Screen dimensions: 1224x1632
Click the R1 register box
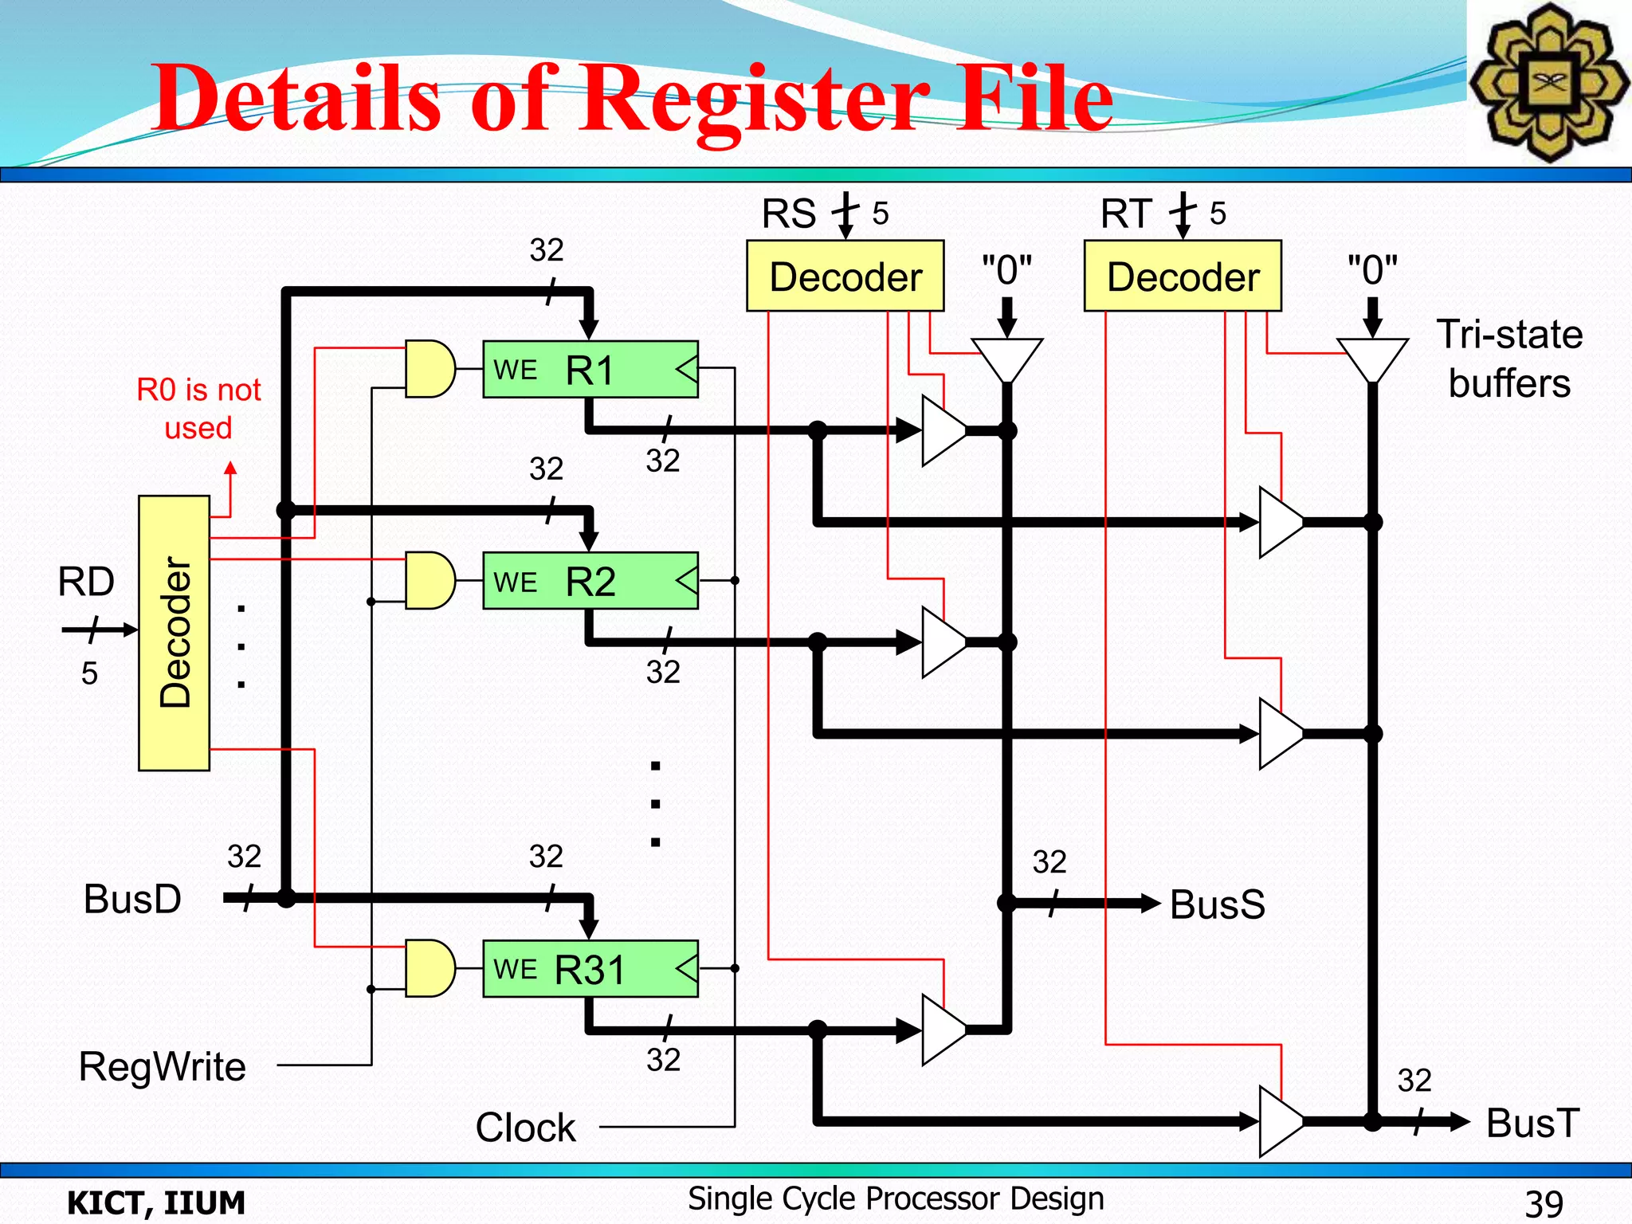[x=590, y=370]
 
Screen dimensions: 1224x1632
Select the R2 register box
[x=590, y=581]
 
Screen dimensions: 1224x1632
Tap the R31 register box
[x=590, y=969]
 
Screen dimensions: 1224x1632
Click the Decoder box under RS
[x=845, y=277]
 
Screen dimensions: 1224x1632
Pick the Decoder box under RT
[x=1183, y=277]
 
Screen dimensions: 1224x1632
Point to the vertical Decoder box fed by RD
[x=174, y=633]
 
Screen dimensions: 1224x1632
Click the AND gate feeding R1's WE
[x=429, y=369]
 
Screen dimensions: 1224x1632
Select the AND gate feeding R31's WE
[x=429, y=968]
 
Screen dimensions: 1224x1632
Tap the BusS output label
[x=1217, y=904]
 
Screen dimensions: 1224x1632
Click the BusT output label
[x=1532, y=1123]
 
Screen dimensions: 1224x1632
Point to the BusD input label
[x=132, y=899]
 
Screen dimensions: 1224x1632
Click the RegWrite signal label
[x=163, y=1066]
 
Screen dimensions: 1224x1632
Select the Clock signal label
[x=525, y=1128]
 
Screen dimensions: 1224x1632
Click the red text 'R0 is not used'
[x=198, y=409]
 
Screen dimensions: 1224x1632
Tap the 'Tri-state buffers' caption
[x=1508, y=359]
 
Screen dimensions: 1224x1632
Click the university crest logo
[x=1548, y=82]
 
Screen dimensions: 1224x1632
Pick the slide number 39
[x=1544, y=1202]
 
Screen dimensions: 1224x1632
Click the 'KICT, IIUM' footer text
[x=156, y=1202]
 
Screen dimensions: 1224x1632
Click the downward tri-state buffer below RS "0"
[x=1006, y=359]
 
